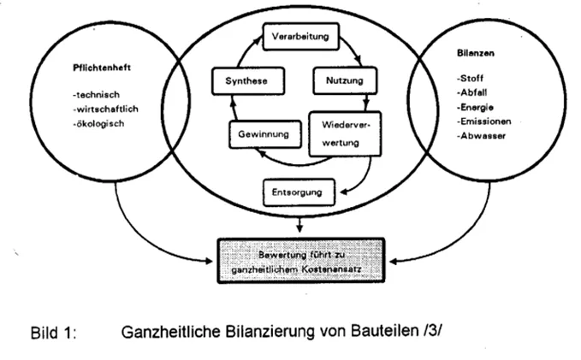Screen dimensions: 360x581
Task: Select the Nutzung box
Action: [x=345, y=81]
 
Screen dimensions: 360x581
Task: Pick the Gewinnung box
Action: [x=263, y=134]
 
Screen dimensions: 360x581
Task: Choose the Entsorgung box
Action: [x=298, y=192]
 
